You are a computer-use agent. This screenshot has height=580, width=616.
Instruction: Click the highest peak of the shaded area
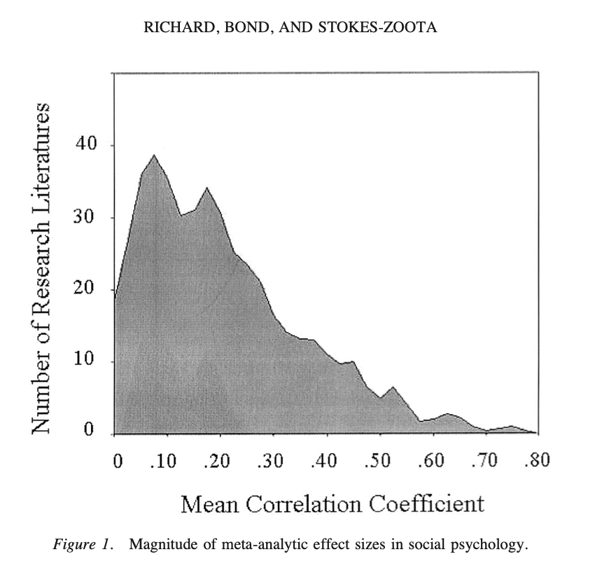tap(154, 156)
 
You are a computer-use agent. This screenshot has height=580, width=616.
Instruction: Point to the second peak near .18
tap(206, 188)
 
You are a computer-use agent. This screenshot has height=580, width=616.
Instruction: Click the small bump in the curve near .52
tap(393, 387)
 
